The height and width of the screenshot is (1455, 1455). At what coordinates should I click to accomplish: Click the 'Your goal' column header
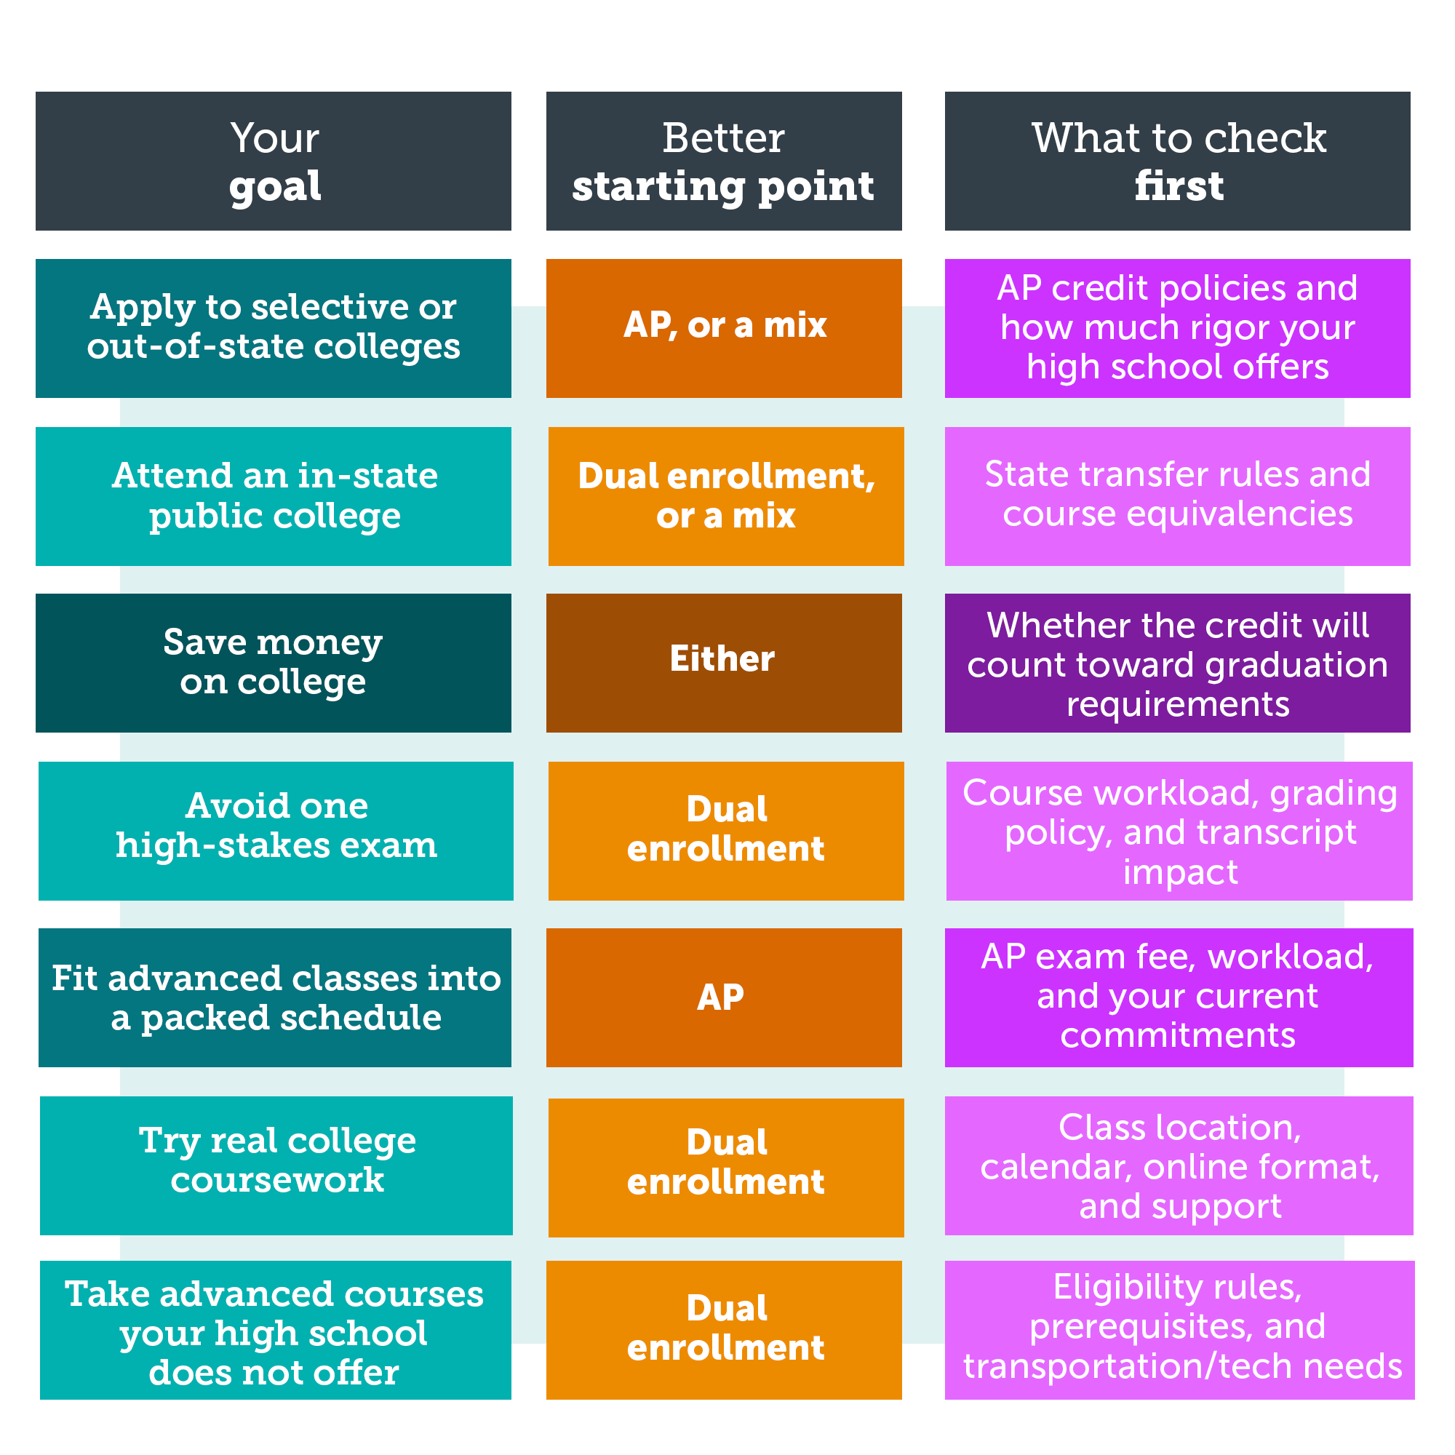point(274,162)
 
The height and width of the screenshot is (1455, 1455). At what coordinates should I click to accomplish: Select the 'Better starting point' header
point(724,162)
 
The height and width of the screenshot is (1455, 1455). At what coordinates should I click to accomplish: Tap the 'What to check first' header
point(1178,162)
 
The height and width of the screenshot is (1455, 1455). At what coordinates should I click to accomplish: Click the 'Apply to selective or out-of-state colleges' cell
point(274,328)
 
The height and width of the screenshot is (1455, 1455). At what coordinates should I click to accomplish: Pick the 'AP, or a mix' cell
point(724,328)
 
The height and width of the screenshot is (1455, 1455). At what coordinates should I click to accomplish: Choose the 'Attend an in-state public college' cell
point(274,496)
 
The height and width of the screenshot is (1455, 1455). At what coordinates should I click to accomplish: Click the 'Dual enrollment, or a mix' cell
point(726,496)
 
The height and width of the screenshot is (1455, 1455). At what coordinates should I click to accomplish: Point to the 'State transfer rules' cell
point(1178,496)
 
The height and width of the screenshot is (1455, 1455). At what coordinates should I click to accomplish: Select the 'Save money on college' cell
point(274,663)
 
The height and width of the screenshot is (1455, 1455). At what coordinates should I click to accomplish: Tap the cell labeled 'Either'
point(724,663)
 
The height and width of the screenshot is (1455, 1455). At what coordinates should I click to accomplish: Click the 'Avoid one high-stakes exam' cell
point(276,831)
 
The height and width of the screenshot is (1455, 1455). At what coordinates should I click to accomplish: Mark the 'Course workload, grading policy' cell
point(1179,831)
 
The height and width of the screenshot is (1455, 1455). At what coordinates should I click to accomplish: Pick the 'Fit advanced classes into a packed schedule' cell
point(275,998)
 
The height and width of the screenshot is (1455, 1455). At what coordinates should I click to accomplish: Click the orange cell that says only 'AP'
point(724,998)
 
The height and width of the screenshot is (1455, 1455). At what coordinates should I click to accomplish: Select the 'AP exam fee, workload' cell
point(1179,998)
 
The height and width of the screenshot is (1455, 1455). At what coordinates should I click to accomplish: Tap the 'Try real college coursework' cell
point(276,1165)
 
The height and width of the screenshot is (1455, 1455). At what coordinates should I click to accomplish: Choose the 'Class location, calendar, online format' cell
point(1179,1165)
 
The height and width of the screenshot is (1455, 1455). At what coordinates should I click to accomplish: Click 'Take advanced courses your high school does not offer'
point(276,1331)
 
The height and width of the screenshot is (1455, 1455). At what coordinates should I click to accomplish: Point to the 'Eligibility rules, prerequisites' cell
point(1180,1331)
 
